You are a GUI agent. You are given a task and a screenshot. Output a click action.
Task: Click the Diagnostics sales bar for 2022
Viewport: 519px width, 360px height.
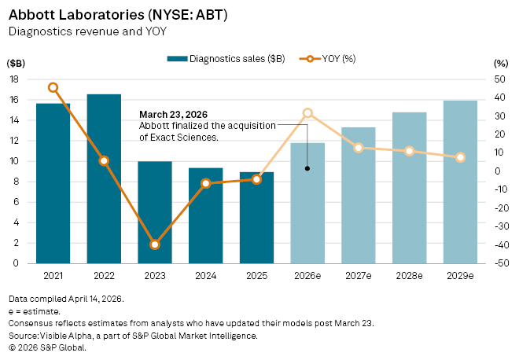(x=104, y=178)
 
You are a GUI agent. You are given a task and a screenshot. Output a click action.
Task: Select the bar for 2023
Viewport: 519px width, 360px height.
(x=155, y=212)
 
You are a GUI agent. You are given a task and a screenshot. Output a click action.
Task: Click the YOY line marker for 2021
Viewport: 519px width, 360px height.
(x=53, y=88)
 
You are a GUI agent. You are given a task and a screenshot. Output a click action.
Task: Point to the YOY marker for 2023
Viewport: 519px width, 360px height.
(x=155, y=244)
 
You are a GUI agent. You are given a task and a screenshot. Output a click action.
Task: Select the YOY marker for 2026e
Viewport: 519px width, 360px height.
(x=307, y=114)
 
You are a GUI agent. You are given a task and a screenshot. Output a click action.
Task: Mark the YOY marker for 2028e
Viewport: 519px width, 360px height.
(x=410, y=150)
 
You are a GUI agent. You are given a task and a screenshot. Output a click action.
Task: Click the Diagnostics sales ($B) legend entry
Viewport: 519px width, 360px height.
(x=226, y=59)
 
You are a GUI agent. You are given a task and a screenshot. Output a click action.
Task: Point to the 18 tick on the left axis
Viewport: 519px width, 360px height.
(x=13, y=79)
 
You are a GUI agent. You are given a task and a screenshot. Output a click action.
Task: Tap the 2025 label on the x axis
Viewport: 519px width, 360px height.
(x=256, y=277)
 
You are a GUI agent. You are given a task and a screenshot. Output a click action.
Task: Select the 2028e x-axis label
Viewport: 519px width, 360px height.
(x=410, y=277)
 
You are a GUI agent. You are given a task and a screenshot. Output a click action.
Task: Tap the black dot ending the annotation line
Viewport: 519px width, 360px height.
(x=307, y=168)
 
